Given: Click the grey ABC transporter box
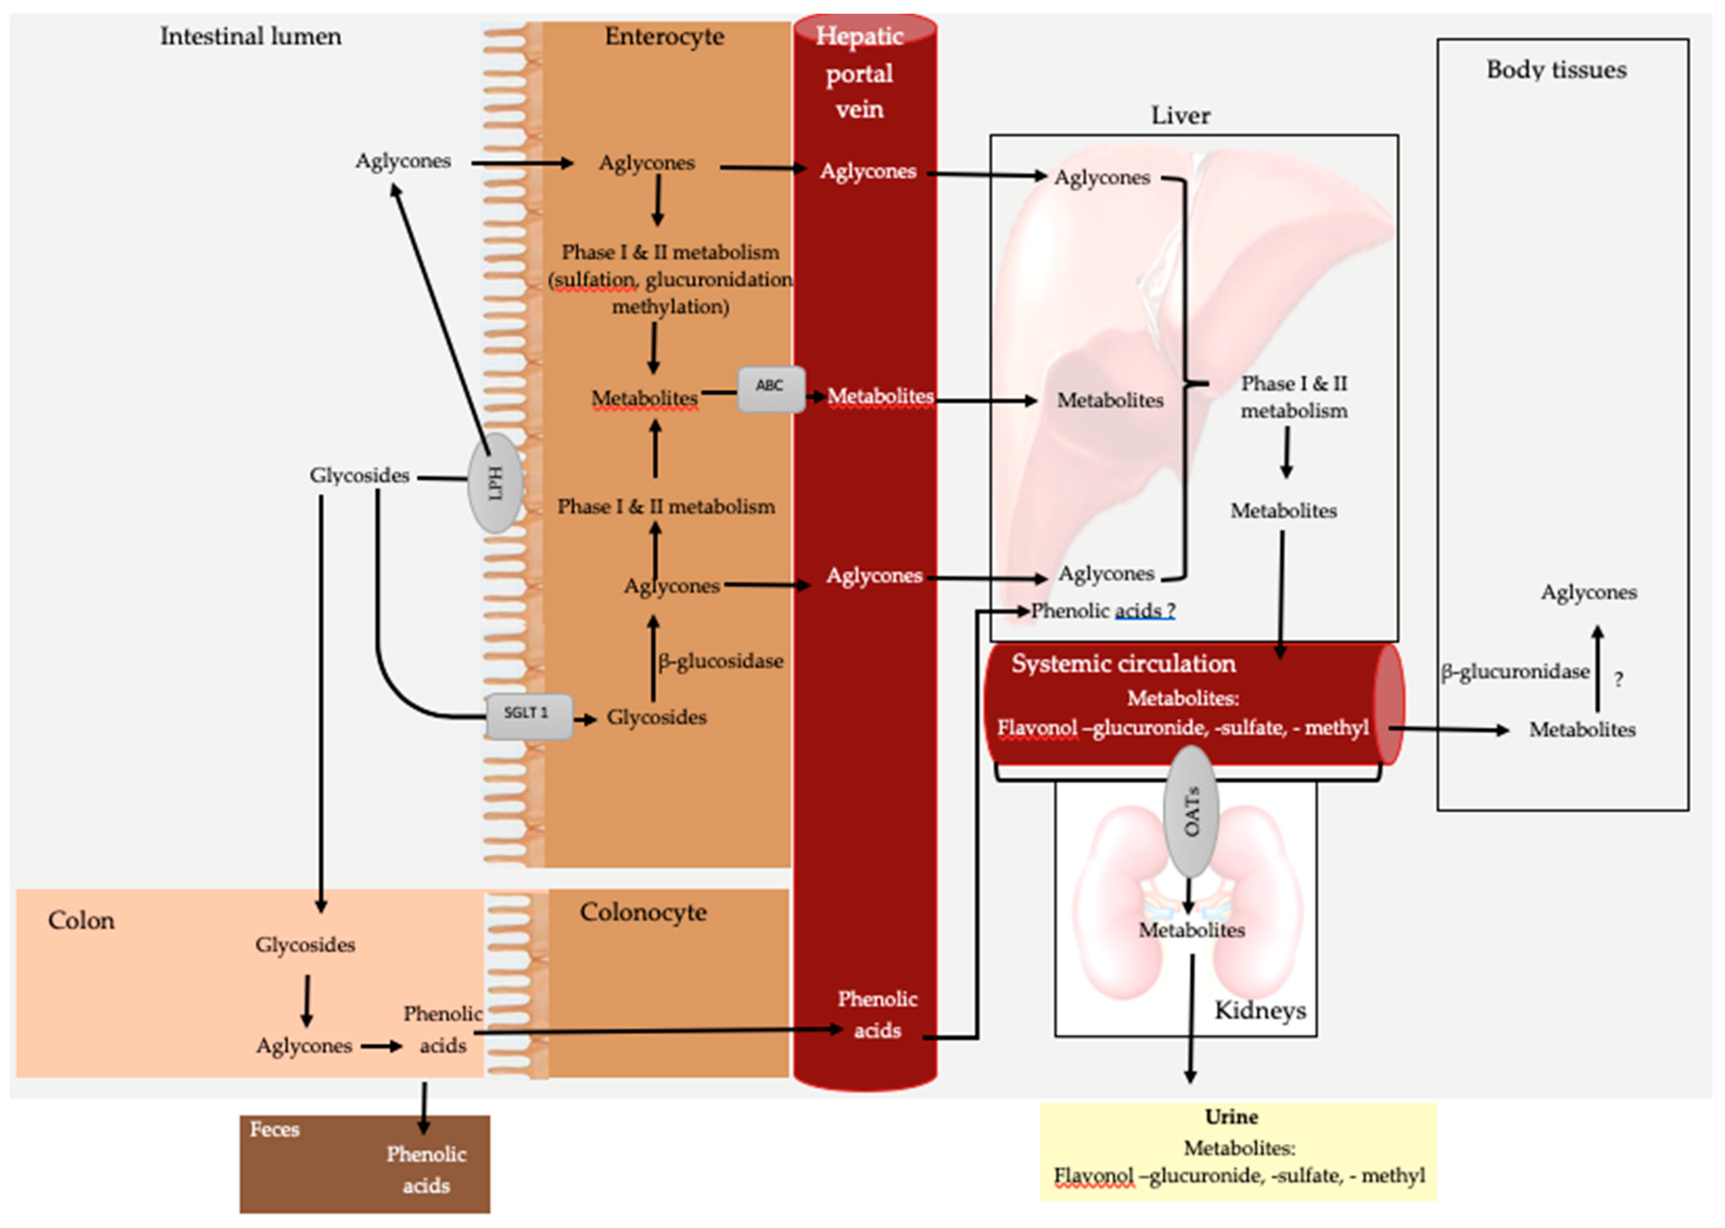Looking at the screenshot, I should click(770, 389).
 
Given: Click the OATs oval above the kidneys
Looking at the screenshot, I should click(1191, 811).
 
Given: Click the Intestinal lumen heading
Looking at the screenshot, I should click(251, 36).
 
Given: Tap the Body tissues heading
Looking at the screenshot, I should click(1556, 70).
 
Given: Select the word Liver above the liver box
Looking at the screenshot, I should click(1180, 116).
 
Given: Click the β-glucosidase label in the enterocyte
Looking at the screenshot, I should click(720, 661).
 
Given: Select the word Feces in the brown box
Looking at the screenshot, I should click(275, 1129).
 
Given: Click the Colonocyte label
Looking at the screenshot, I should click(643, 912).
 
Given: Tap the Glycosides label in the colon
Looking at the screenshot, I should click(305, 944).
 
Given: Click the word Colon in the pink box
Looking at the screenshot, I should click(81, 920).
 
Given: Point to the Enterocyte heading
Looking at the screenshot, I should click(664, 36).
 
